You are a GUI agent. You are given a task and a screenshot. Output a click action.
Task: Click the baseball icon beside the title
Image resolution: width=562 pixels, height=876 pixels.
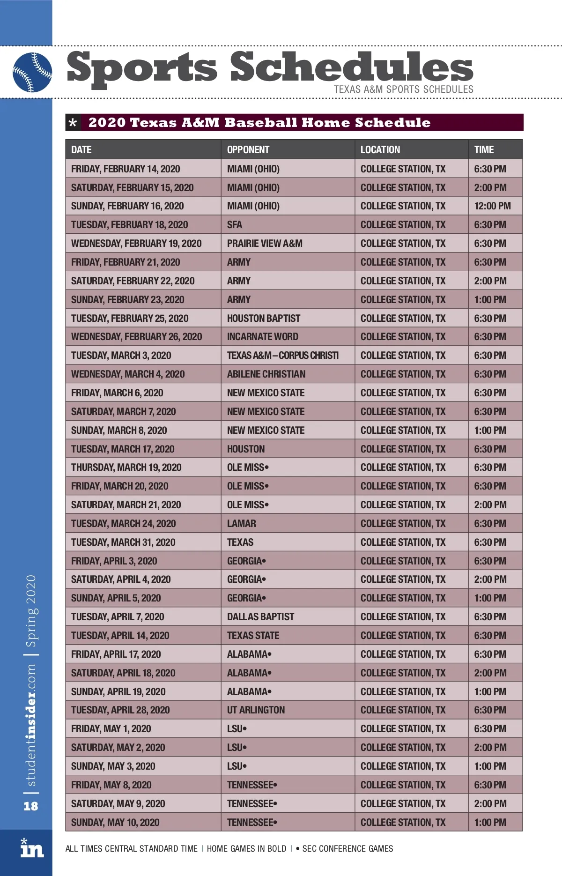point(32,72)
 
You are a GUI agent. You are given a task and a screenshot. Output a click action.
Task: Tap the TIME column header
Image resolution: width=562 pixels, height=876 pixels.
point(484,150)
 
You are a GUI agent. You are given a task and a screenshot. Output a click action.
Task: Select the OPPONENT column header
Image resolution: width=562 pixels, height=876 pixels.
point(248,150)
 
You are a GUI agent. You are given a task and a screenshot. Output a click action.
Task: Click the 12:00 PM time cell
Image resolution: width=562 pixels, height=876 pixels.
point(492,206)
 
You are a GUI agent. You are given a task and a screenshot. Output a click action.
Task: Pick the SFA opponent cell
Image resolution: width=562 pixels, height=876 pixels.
point(235,225)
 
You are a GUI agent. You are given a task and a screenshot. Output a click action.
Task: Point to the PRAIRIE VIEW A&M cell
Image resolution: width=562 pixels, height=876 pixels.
point(265,244)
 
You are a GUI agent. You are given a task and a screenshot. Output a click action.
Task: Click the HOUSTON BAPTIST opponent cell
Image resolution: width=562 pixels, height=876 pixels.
point(264,319)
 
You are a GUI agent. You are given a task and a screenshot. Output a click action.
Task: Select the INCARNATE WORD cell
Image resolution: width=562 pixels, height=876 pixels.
point(262,337)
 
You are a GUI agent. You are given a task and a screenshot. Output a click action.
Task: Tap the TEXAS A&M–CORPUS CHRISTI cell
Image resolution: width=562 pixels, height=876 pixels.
point(283,356)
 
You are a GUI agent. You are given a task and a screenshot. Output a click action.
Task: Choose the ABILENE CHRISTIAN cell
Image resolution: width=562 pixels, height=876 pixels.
point(266,374)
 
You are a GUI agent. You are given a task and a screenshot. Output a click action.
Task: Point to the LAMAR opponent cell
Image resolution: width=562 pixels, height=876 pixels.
point(242,524)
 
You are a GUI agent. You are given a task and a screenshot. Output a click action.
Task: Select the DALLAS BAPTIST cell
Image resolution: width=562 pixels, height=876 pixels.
point(260,617)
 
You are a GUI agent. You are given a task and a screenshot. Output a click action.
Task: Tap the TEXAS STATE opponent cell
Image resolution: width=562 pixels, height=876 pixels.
point(253,636)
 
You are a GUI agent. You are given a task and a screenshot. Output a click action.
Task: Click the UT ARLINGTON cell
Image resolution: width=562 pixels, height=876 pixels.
point(256,710)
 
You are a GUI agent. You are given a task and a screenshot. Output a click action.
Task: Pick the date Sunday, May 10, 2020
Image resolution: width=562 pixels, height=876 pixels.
point(115,823)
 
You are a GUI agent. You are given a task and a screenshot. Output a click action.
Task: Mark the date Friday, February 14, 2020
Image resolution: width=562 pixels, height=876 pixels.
point(126,169)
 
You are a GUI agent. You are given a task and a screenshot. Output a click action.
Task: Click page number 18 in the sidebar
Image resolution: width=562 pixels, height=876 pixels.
point(31,806)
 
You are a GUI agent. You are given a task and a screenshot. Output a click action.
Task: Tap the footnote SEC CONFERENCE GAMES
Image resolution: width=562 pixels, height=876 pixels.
point(348,849)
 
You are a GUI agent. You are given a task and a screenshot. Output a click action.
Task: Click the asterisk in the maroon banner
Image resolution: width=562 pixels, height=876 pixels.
point(73,123)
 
